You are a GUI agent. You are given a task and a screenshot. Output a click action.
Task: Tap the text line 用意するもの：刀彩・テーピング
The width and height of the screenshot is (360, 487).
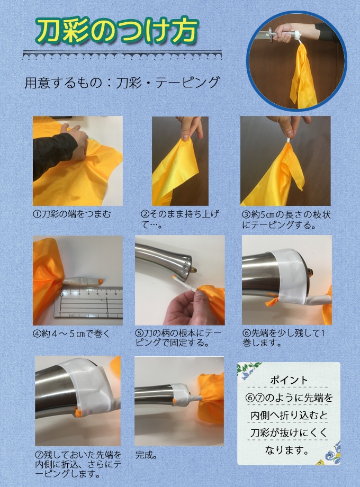[x=122, y=83]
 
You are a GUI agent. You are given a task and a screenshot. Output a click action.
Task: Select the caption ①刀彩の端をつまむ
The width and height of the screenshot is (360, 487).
[x=72, y=214]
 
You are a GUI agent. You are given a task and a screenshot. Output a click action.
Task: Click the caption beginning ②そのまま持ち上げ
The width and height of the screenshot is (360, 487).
[x=180, y=219]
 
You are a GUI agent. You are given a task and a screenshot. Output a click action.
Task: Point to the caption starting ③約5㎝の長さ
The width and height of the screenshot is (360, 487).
[x=286, y=219]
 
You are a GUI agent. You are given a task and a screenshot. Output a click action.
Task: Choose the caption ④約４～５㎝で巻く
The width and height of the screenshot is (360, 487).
[x=71, y=333]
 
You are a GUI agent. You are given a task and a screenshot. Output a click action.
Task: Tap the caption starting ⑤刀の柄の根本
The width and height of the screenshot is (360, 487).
[x=178, y=338]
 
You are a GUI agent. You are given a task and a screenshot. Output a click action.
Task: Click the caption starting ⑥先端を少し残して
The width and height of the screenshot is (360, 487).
[x=283, y=338]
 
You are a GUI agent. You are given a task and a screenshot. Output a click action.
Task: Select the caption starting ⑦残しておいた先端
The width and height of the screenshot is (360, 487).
[x=78, y=465]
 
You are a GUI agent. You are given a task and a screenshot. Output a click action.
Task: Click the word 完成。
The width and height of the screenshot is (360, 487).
[x=146, y=455]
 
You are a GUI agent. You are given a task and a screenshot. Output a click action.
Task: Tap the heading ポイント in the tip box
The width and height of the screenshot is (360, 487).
[x=289, y=380]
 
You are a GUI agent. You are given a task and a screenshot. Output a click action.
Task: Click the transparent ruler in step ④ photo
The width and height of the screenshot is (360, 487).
[x=88, y=303]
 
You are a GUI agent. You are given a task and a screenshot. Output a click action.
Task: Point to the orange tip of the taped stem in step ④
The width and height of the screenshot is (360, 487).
[x=100, y=282]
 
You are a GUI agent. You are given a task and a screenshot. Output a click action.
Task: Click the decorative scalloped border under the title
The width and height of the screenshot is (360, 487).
[x=122, y=55]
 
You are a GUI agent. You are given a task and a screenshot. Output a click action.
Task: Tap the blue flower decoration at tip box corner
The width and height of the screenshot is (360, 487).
[x=332, y=454]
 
